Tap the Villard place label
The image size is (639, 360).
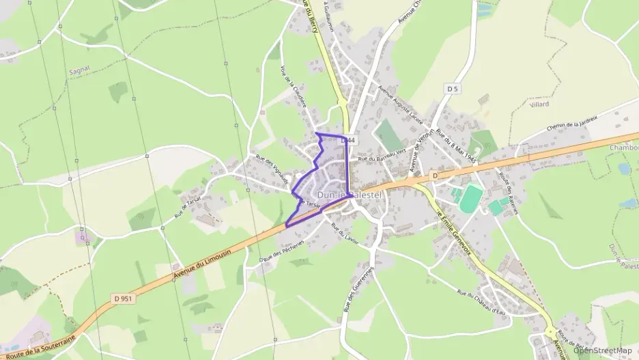coord(539,104)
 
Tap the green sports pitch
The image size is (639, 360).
coord(470,199)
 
